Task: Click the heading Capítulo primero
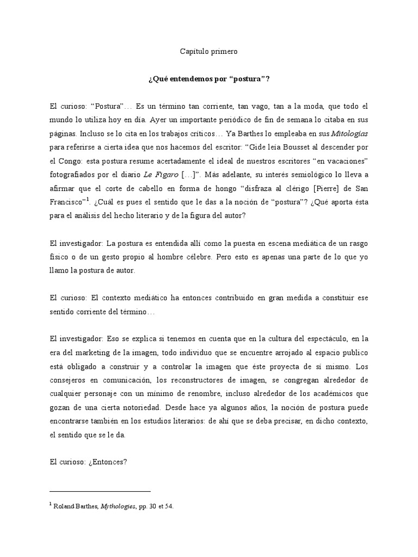209,52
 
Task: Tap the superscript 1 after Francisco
89,198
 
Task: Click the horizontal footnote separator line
100,491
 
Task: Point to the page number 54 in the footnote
169,506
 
